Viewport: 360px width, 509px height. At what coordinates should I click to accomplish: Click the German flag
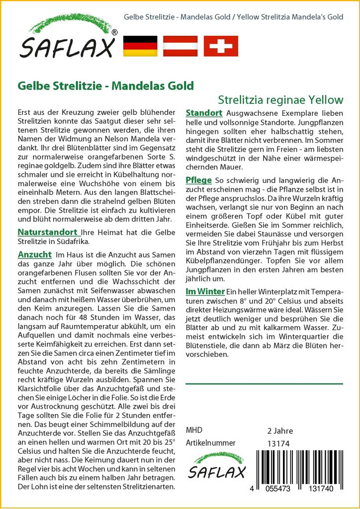(140, 46)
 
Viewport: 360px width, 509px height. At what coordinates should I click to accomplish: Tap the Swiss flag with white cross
(221, 46)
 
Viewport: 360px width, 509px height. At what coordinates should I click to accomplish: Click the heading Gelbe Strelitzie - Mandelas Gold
(105, 85)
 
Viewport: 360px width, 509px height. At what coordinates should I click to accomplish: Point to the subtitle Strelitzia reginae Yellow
(280, 99)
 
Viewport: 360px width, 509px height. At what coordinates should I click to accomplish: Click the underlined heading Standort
(204, 113)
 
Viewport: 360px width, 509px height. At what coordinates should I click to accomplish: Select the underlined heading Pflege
(199, 180)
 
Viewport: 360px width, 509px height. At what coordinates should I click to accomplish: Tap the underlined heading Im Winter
(205, 291)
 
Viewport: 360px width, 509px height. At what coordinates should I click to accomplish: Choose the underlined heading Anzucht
(35, 254)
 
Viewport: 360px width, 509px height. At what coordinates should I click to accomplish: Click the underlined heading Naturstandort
(47, 232)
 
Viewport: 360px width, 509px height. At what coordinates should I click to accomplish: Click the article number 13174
(278, 443)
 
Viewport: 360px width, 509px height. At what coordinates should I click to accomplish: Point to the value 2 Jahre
(280, 430)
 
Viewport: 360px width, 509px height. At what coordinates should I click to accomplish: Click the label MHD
(194, 430)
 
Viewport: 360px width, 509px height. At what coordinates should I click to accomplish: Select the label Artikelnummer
(210, 443)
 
